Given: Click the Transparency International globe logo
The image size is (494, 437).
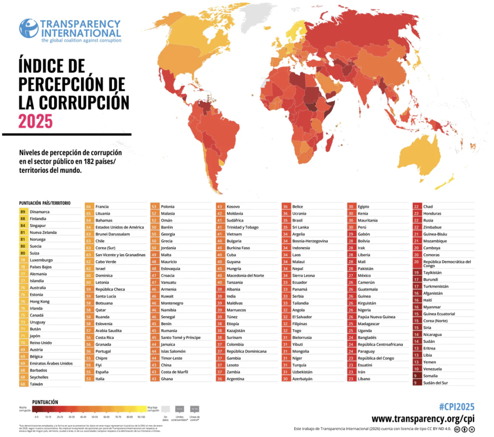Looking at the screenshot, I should [28, 28].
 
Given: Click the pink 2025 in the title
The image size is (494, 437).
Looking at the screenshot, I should [35, 121].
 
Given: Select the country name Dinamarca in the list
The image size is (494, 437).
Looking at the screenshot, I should [40, 211].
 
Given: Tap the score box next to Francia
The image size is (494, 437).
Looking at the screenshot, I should [89, 207].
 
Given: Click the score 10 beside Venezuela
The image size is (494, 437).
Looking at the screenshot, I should [416, 368].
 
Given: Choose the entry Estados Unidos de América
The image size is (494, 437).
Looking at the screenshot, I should [120, 227].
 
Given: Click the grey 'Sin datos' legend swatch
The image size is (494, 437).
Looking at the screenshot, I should [165, 409].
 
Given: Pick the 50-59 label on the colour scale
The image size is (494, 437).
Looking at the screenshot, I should [96, 416].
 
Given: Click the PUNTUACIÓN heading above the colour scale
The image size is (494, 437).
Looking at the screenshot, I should [45, 401].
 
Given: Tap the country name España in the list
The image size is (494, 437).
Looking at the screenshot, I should [102, 372].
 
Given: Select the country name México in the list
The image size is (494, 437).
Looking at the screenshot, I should [364, 275].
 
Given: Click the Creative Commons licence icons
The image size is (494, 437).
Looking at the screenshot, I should [465, 429].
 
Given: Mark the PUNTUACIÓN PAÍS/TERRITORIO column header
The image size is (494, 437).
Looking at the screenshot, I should [44, 203].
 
